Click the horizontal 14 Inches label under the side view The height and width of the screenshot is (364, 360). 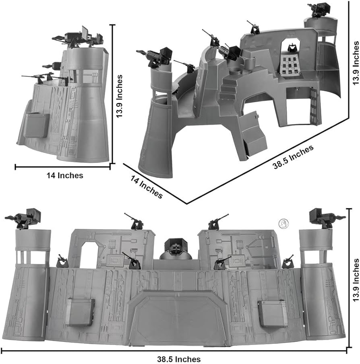click(x=65, y=175)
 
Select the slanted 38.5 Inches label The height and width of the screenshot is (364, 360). click(x=293, y=157)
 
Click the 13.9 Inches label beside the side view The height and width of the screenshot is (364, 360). click(x=119, y=96)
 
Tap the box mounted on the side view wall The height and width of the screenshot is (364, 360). click(x=37, y=125)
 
